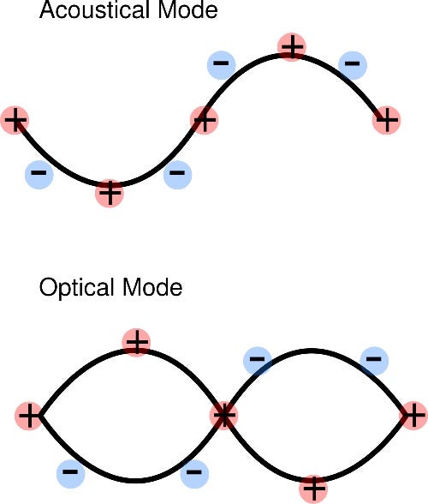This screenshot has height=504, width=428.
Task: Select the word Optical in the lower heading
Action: coord(74,288)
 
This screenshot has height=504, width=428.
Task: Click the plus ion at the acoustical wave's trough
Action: coord(110,193)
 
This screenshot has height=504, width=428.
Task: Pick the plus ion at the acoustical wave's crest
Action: coord(293,47)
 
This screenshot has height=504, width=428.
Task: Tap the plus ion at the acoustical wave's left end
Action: coord(15,121)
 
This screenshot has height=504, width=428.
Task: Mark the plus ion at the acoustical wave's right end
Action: coord(387,119)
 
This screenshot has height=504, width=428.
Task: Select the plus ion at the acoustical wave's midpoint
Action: coord(203,119)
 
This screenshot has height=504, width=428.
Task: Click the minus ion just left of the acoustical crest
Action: coord(221,64)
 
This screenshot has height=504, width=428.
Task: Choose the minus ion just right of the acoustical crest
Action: coord(351,63)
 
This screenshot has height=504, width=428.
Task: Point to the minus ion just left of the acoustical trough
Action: coord(39,175)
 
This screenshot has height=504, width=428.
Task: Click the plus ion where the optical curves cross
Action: coord(223,416)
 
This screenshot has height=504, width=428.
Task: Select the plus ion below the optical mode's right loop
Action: coord(314,489)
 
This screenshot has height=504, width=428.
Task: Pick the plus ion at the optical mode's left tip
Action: coord(29,417)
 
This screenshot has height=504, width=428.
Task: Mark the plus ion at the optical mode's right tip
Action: coord(413,416)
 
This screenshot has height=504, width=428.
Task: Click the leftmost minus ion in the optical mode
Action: coord(70,472)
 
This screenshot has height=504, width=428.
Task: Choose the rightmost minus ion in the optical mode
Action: coord(372,360)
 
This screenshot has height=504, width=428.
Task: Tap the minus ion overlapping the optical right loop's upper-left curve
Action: coord(257,360)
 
